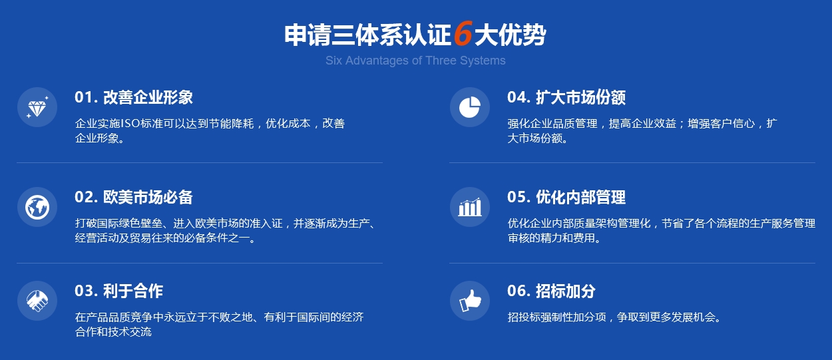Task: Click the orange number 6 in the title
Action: (x=463, y=33)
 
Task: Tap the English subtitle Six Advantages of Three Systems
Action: (x=415, y=61)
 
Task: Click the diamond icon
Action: (x=37, y=107)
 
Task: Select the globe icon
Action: (x=37, y=207)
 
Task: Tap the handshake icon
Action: (x=37, y=301)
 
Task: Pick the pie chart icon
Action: (x=470, y=107)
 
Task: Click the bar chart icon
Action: (x=470, y=207)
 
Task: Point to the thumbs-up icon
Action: (x=470, y=301)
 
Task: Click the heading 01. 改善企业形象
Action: (x=134, y=97)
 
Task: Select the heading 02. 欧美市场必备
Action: (x=134, y=197)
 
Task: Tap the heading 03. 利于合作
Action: (x=119, y=291)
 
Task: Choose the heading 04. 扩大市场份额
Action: (x=566, y=97)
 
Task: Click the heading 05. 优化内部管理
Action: (x=566, y=197)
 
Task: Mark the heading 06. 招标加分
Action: (x=552, y=291)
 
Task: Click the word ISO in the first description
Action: (x=130, y=123)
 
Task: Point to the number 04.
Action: (x=519, y=97)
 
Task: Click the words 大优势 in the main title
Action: (x=510, y=35)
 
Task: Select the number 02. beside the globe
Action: (x=86, y=197)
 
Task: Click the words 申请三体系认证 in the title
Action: (x=368, y=35)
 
